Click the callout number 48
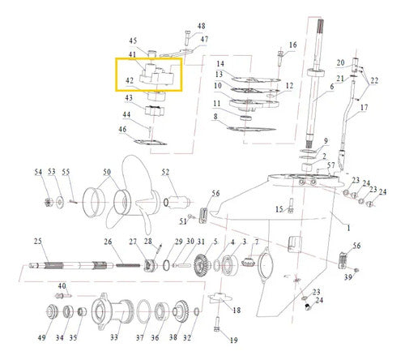click(x=201, y=26)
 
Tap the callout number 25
click(x=38, y=241)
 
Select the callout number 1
click(x=348, y=228)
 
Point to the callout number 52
click(x=165, y=172)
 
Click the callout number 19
click(x=233, y=340)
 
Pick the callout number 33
click(x=114, y=337)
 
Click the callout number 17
click(x=364, y=108)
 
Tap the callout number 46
click(x=122, y=129)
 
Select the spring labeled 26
click(x=128, y=265)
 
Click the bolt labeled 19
click(x=216, y=324)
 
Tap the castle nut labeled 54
click(x=49, y=202)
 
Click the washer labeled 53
click(x=59, y=202)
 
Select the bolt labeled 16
click(x=280, y=58)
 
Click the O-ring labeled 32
click(x=197, y=311)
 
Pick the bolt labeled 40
click(x=64, y=296)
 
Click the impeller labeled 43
click(x=155, y=111)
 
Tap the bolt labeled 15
click(x=291, y=206)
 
